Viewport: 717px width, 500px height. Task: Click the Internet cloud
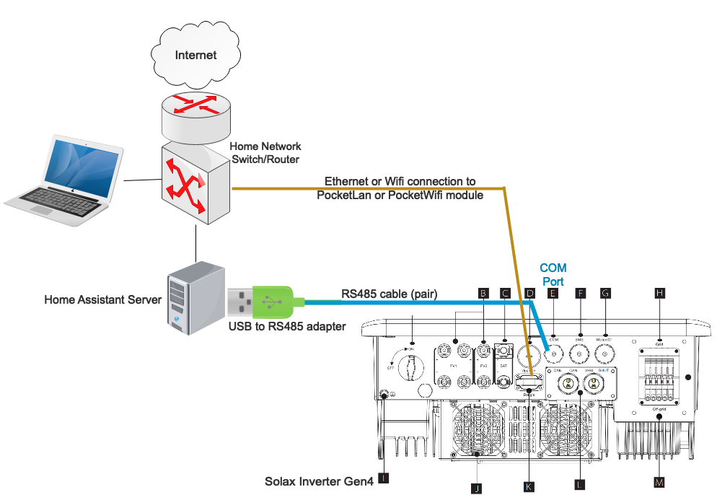[x=195, y=55]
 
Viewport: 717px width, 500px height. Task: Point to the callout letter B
[x=483, y=293]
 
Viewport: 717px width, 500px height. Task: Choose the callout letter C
[x=506, y=293]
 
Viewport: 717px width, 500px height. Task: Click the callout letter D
[x=530, y=293]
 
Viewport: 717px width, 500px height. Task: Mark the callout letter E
[x=553, y=293]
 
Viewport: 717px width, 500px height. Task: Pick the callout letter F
[x=579, y=293]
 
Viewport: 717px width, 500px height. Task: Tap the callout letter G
[x=606, y=293]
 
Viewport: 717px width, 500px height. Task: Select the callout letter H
[x=659, y=293]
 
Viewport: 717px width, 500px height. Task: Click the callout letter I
[x=384, y=478]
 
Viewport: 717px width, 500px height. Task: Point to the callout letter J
[x=476, y=488]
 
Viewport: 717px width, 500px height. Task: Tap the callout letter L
[x=580, y=485]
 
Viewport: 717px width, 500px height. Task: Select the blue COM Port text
[x=553, y=273]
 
